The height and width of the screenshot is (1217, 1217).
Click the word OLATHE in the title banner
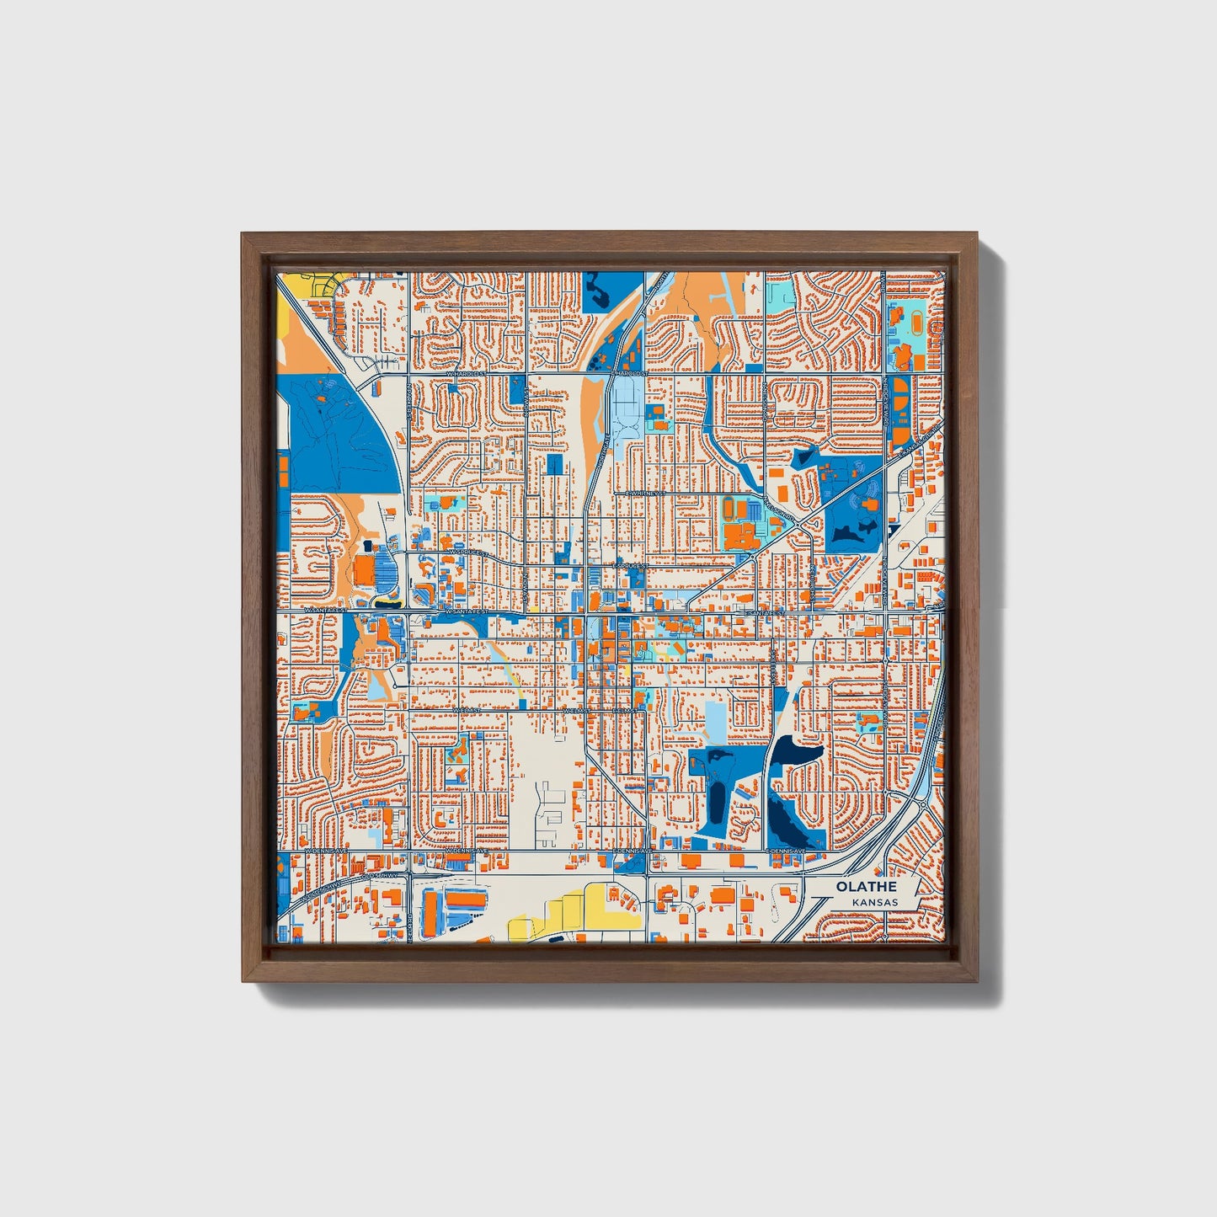866,887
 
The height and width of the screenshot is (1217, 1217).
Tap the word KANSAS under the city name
874,903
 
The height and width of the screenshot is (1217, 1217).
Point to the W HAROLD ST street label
467,372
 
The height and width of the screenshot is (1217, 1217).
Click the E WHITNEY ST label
646,494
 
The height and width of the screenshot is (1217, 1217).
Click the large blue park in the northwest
341,438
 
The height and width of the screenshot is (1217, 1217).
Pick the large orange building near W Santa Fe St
364,568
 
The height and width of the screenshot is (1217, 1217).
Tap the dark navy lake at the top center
599,295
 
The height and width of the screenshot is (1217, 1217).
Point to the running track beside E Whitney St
729,508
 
